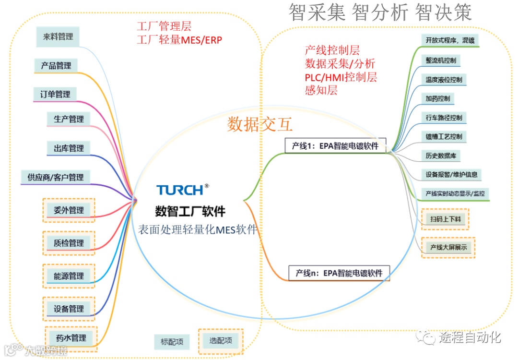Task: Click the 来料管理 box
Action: [x=58, y=36]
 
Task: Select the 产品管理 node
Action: [x=56, y=65]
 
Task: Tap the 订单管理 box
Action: [x=55, y=95]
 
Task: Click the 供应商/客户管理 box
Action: [x=56, y=178]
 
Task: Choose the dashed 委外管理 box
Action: [x=69, y=210]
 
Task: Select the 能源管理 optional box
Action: [x=69, y=276]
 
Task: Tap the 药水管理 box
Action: [x=71, y=338]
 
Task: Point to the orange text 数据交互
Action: [x=260, y=124]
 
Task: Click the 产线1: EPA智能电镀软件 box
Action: [x=335, y=146]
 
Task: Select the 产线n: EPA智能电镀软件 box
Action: [x=339, y=273]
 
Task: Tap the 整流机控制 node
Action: [x=440, y=60]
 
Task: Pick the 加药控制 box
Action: [x=437, y=98]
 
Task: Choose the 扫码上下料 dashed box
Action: [x=446, y=219]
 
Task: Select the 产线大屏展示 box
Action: [x=448, y=248]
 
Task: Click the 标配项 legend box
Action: [x=171, y=342]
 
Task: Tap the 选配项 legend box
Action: [x=221, y=341]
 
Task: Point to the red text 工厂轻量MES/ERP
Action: [x=179, y=40]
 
